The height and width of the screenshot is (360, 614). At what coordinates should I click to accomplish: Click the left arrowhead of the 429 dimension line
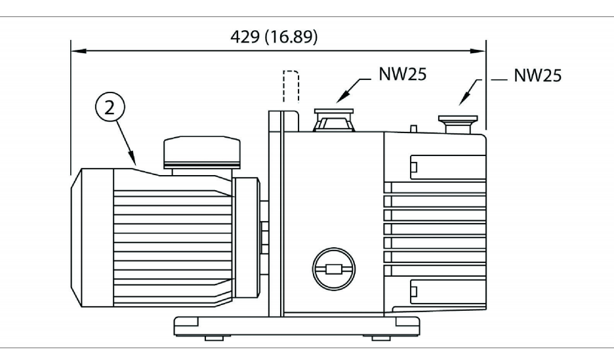pyautogui.click(x=75, y=49)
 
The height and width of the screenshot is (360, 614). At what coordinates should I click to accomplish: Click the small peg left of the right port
pyautogui.click(x=415, y=129)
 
